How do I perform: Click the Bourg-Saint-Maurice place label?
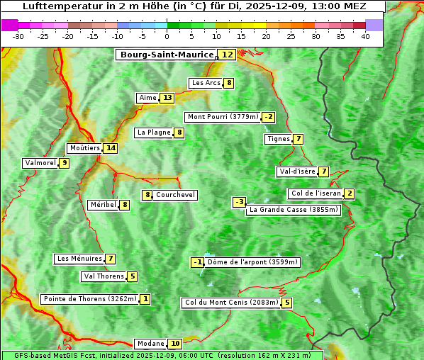point(167,55)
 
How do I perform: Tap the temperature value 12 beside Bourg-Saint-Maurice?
point(227,55)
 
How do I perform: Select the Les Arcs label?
point(206,83)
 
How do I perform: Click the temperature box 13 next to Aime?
point(167,98)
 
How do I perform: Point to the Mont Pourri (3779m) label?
point(222,117)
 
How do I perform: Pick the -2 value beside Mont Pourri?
point(268,117)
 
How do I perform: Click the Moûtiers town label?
point(84,148)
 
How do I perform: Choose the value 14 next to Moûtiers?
point(110,148)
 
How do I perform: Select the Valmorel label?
point(40,163)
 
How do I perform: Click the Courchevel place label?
point(176,195)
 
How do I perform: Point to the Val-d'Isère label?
point(297,171)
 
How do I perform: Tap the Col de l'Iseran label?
point(316,193)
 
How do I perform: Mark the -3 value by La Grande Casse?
point(240,202)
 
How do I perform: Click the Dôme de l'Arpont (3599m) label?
point(253,262)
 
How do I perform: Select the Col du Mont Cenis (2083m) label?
point(230,303)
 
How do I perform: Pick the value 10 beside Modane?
point(175,344)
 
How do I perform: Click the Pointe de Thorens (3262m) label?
point(89,299)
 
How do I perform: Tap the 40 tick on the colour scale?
point(365,36)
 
